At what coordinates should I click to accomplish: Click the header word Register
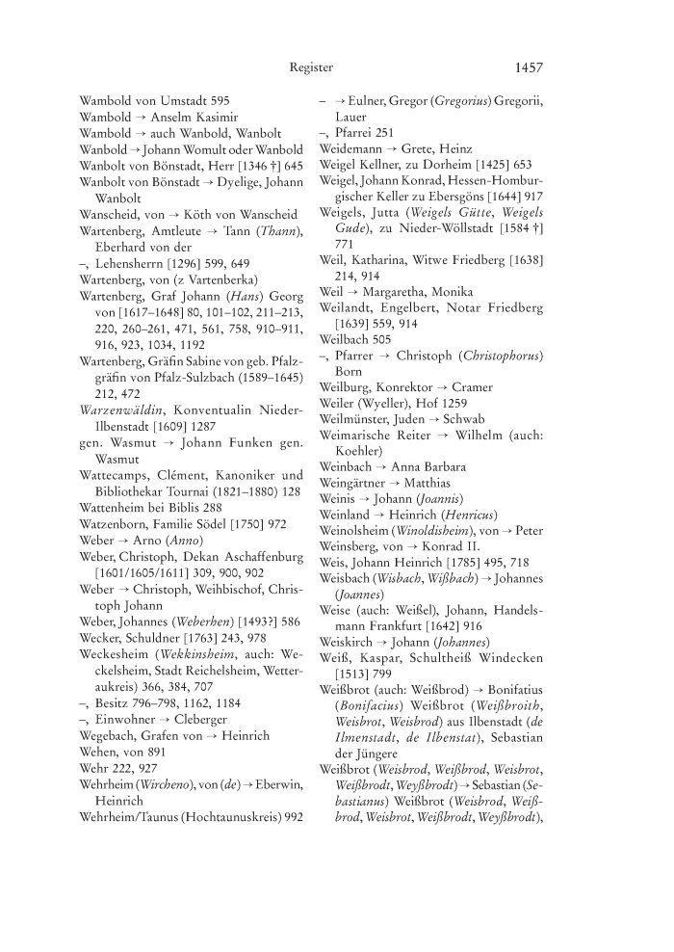click(311, 67)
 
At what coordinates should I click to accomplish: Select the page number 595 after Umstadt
click(220, 99)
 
